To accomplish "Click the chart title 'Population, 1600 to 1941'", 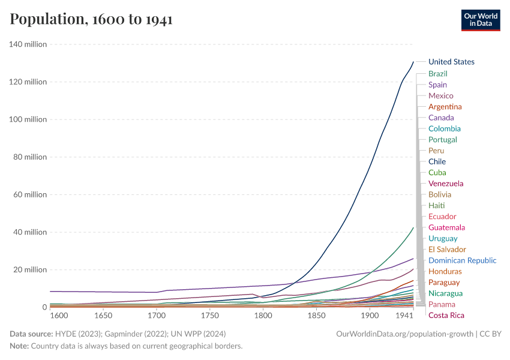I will pyautogui.click(x=91, y=19).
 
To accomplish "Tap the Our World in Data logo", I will pyautogui.click(x=481, y=19).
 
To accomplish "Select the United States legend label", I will pyautogui.click(x=451, y=62).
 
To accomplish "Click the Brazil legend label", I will pyautogui.click(x=438, y=73).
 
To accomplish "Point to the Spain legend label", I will pyautogui.click(x=437, y=85).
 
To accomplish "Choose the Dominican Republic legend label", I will pyautogui.click(x=462, y=260).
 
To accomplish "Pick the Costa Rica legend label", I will pyautogui.click(x=446, y=316).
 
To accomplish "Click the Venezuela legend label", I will pyautogui.click(x=446, y=184).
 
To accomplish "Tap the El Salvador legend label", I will pyautogui.click(x=447, y=250).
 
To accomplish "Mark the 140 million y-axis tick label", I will pyautogui.click(x=28, y=44).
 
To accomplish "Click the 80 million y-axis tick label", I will pyautogui.click(x=30, y=157).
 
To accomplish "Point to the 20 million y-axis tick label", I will pyautogui.click(x=30, y=270).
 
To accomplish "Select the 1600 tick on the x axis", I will pyautogui.click(x=58, y=316).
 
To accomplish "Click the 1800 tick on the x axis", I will pyautogui.click(x=263, y=316).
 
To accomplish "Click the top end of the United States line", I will pyautogui.click(x=413, y=61).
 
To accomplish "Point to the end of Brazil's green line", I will pyautogui.click(x=413, y=227).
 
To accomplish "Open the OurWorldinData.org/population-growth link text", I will pyautogui.click(x=405, y=333).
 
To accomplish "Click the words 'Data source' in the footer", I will pyautogui.click(x=30, y=333).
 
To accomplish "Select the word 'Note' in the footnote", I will pyautogui.click(x=19, y=346).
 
